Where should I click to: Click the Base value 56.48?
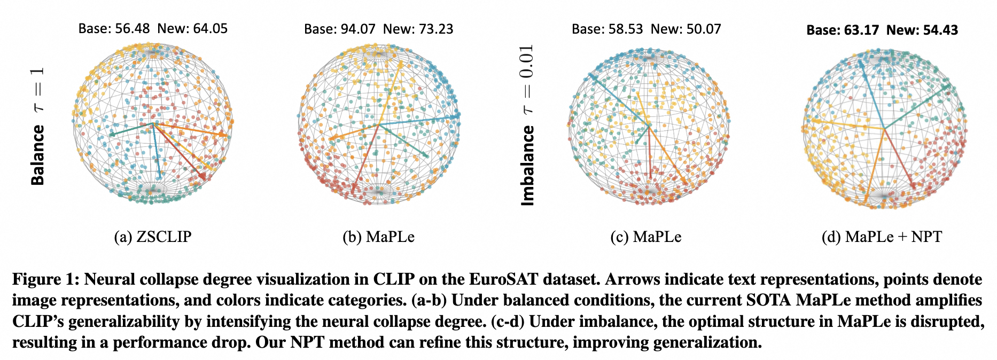click(x=133, y=29)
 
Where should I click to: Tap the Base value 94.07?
click(x=358, y=29)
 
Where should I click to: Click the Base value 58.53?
click(x=626, y=29)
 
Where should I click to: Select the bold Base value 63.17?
click(x=861, y=30)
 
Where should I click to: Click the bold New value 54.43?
click(x=940, y=30)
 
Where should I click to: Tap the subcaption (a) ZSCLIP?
click(x=153, y=237)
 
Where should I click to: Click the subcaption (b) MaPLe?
click(x=379, y=237)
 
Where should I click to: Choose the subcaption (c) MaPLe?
click(x=646, y=237)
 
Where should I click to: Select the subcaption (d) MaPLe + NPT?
click(x=882, y=237)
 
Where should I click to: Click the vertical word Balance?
click(x=37, y=155)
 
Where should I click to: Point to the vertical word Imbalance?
click(x=527, y=166)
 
